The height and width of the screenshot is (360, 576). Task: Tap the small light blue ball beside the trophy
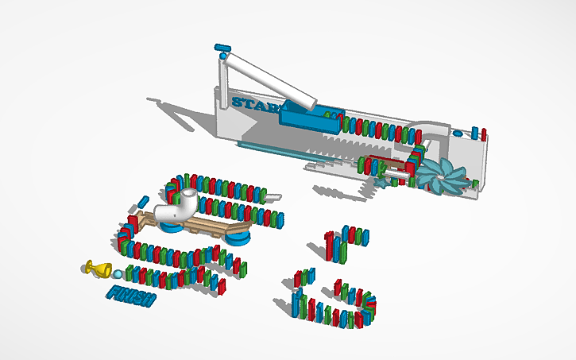118,274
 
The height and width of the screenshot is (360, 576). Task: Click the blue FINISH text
131,296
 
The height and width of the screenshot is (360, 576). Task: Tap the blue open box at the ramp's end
310,120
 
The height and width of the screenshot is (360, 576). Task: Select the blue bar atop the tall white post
222,48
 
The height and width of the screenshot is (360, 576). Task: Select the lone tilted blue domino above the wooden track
143,202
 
